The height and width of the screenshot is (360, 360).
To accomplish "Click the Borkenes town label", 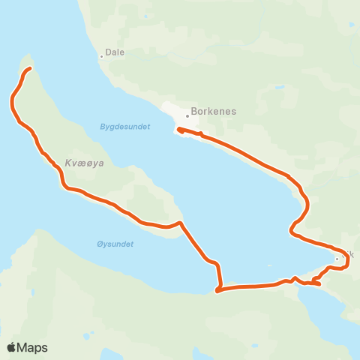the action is click(x=214, y=111).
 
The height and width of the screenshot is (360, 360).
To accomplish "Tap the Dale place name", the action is click(x=115, y=52).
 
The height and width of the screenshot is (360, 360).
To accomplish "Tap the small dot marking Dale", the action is click(x=101, y=55).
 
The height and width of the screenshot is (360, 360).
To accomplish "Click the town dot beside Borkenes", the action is click(x=187, y=115).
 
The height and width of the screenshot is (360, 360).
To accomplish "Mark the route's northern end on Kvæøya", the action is click(x=28, y=69).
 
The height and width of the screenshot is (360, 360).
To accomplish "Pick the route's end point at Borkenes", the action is click(x=178, y=133).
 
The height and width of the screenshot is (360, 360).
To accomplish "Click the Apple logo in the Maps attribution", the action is click(x=12, y=347).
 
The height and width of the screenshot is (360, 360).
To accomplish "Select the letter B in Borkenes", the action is click(x=194, y=111).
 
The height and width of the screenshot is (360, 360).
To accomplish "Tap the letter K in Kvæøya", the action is click(x=68, y=163).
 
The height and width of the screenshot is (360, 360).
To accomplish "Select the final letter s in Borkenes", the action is click(x=233, y=111).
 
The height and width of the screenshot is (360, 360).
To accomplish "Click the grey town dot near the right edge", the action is click(x=337, y=259).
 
